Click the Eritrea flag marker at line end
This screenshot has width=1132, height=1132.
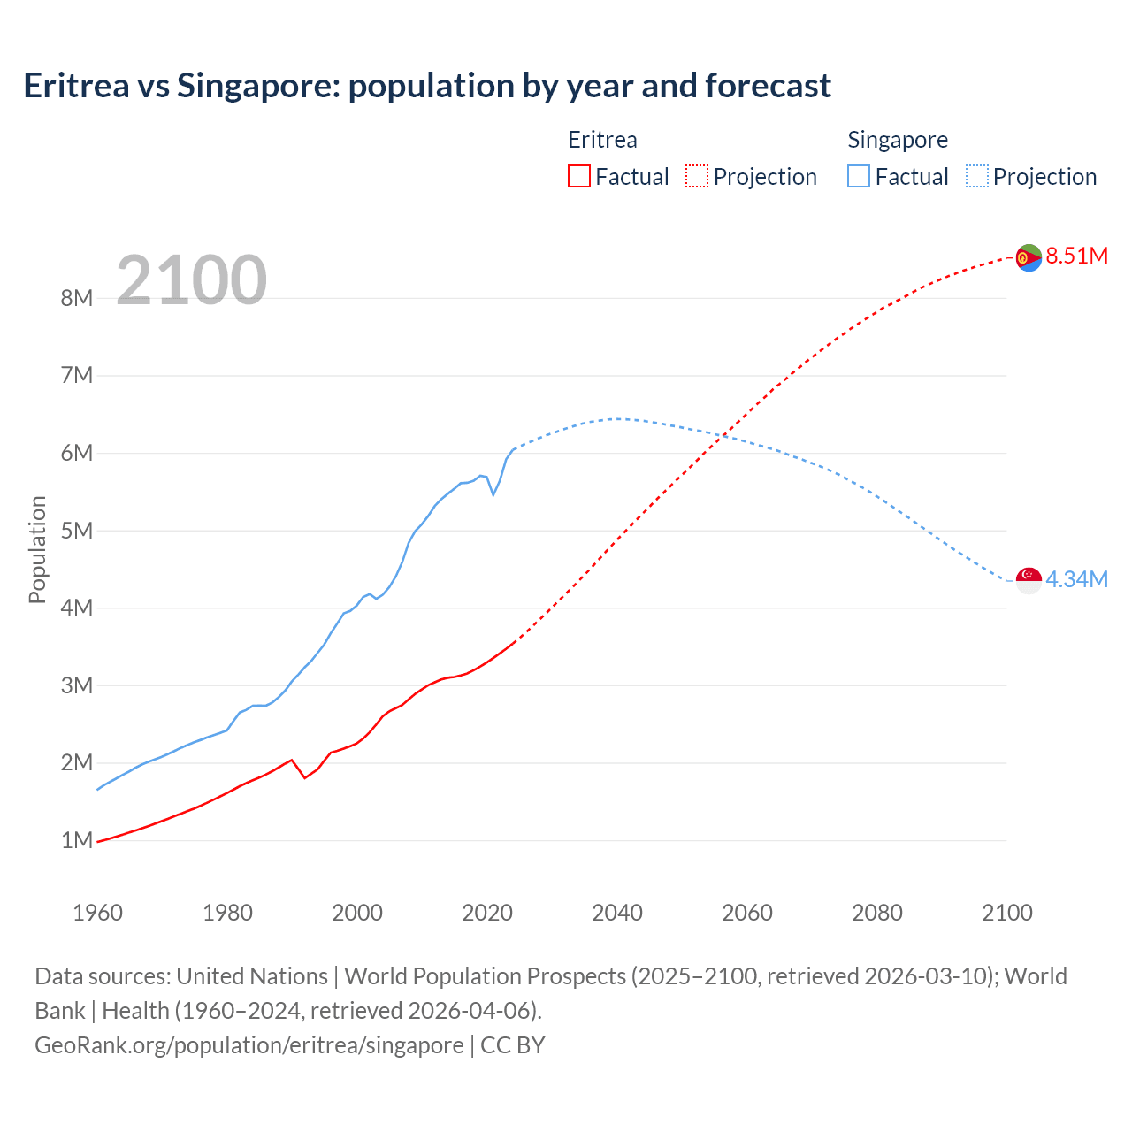pyautogui.click(x=1029, y=257)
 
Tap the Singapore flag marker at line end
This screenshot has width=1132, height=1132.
pyautogui.click(x=1029, y=580)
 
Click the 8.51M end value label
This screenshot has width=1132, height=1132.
pyautogui.click(x=1076, y=256)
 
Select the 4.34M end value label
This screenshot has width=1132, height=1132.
pyautogui.click(x=1076, y=579)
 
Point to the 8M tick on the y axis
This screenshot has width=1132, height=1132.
pyautogui.click(x=77, y=298)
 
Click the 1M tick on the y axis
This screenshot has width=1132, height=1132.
pyautogui.click(x=77, y=840)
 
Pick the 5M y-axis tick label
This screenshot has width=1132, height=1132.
pyautogui.click(x=77, y=531)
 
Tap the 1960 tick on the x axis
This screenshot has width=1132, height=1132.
pyautogui.click(x=97, y=913)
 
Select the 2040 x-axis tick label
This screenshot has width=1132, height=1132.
pyautogui.click(x=617, y=913)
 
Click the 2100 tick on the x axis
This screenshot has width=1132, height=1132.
pyautogui.click(x=1007, y=913)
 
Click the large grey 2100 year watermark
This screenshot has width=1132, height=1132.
pyautogui.click(x=191, y=280)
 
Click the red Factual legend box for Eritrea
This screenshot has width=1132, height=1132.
pyautogui.click(x=579, y=176)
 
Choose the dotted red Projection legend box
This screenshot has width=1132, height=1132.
pyautogui.click(x=697, y=176)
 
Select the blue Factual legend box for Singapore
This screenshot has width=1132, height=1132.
pyautogui.click(x=859, y=176)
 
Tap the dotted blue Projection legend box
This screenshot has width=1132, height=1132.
pyautogui.click(x=977, y=176)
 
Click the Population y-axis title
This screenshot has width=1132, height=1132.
pyautogui.click(x=37, y=549)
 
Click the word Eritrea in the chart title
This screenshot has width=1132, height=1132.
pyautogui.click(x=76, y=86)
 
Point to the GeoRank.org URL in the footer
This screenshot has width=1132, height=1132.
pyautogui.click(x=249, y=1045)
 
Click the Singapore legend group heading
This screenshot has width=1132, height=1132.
pyautogui.click(x=898, y=140)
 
